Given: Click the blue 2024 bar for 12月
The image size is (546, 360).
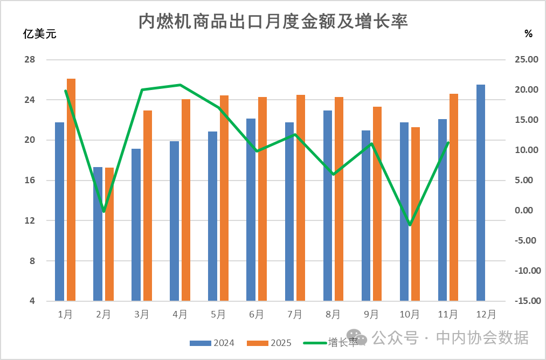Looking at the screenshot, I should click(480, 192).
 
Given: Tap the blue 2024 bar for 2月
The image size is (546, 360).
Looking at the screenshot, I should click(98, 234).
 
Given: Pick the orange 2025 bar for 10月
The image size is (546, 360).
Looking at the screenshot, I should click(416, 214).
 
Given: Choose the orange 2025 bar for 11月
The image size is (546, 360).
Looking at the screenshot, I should click(454, 197).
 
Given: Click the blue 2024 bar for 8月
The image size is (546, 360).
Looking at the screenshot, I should click(327, 205).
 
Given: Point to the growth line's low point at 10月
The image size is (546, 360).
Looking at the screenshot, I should click(410, 225).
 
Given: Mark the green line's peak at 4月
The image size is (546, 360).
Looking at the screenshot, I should click(180, 85).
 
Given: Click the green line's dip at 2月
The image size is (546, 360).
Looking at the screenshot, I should click(103, 211).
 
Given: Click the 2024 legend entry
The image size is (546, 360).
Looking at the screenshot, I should click(212, 343).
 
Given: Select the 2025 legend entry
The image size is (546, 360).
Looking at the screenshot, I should click(269, 343).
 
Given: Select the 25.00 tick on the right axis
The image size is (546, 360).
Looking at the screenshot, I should click(526, 59).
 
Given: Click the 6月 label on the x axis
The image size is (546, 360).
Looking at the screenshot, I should click(257, 314).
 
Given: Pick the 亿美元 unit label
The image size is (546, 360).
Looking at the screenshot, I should click(39, 34).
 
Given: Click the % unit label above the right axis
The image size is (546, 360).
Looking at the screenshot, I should click(528, 34).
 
